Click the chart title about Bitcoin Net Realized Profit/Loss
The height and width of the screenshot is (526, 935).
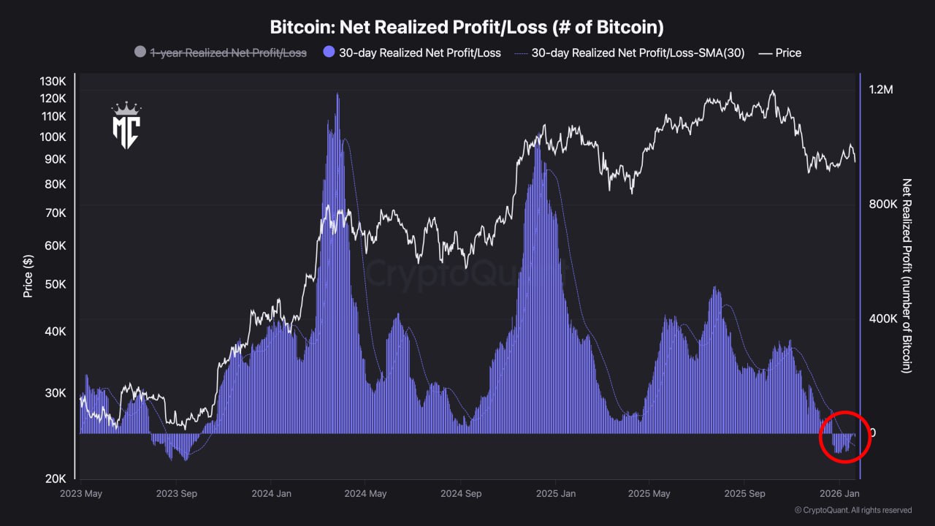pyautogui.click(x=467, y=28)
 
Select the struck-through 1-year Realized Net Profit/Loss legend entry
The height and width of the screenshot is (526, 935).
pyautogui.click(x=228, y=53)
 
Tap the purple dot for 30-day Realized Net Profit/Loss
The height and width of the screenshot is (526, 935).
pyautogui.click(x=328, y=53)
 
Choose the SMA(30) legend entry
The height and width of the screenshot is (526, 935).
pyautogui.click(x=637, y=53)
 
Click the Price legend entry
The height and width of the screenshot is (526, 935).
pyautogui.click(x=787, y=53)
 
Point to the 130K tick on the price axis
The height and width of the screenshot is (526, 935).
pyautogui.click(x=53, y=80)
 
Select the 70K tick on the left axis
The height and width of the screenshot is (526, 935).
pyautogui.click(x=55, y=213)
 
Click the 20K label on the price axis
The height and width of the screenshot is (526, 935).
pyautogui.click(x=55, y=479)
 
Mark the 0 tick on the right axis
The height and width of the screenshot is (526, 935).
pyautogui.click(x=872, y=432)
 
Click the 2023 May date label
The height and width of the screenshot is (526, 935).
pyautogui.click(x=80, y=493)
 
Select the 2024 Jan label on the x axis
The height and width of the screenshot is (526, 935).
pyautogui.click(x=271, y=493)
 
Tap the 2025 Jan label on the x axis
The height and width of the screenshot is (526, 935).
pyautogui.click(x=555, y=493)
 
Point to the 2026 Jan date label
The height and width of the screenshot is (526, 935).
pyautogui.click(x=840, y=493)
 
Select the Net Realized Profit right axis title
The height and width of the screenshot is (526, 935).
pyautogui.click(x=907, y=275)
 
